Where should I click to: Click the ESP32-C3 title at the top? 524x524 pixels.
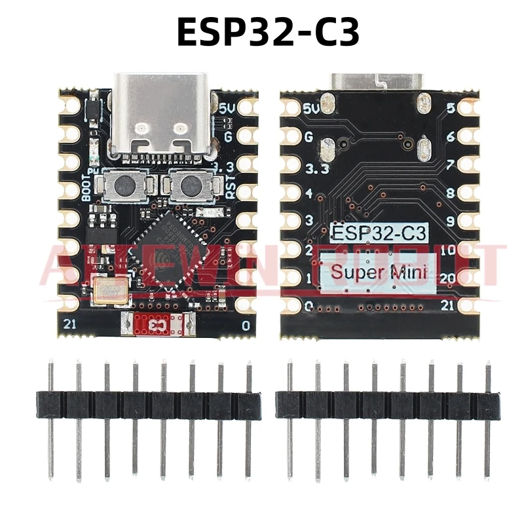[x=268, y=31]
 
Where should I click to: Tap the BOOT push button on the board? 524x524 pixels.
[x=122, y=185]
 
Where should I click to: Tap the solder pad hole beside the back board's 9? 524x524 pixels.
[x=468, y=221]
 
